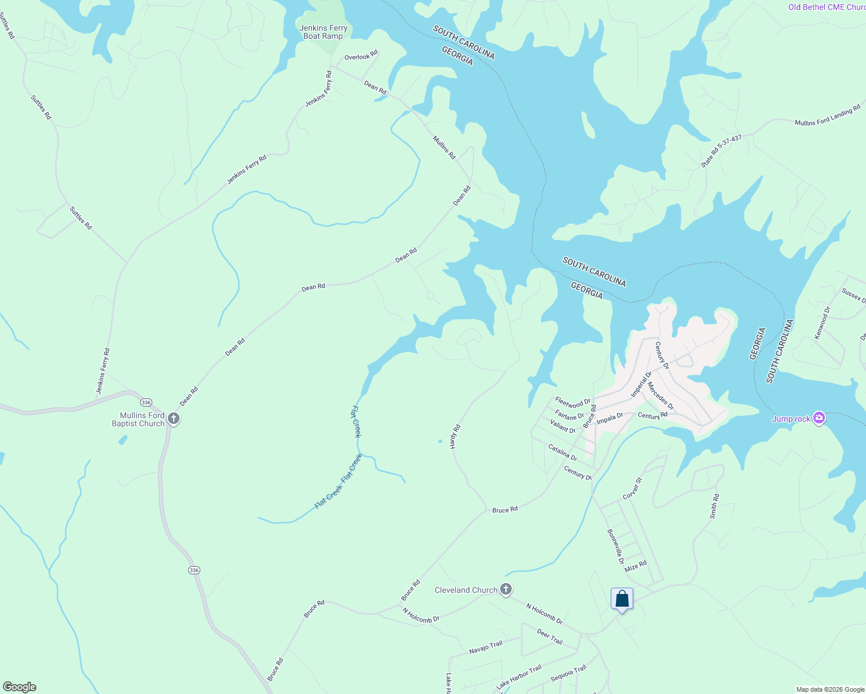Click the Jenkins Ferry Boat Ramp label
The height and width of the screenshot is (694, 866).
point(323,32)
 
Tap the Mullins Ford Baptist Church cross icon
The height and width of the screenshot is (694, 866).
point(173,419)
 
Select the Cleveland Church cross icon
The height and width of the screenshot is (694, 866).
point(506,589)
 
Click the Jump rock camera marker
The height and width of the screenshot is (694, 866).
point(819,418)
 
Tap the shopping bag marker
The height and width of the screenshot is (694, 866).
point(622,599)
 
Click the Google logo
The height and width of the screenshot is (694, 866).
point(19,687)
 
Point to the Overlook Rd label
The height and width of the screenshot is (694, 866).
point(361,57)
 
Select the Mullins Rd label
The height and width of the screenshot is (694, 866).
point(444,147)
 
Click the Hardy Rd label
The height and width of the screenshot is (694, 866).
point(455,437)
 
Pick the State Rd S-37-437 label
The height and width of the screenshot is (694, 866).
point(721,151)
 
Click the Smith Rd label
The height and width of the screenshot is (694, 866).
point(715,506)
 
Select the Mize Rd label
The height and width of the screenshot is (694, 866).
point(635,566)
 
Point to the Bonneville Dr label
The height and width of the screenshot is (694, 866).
point(615,547)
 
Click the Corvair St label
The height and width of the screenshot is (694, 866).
point(633,489)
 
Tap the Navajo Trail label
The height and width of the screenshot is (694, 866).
point(486,647)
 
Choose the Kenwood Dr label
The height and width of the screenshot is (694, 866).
point(822,323)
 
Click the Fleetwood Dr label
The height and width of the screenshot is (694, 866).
point(573,401)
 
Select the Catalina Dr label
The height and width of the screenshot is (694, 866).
point(562,452)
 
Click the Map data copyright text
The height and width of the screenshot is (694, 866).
point(830,689)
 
